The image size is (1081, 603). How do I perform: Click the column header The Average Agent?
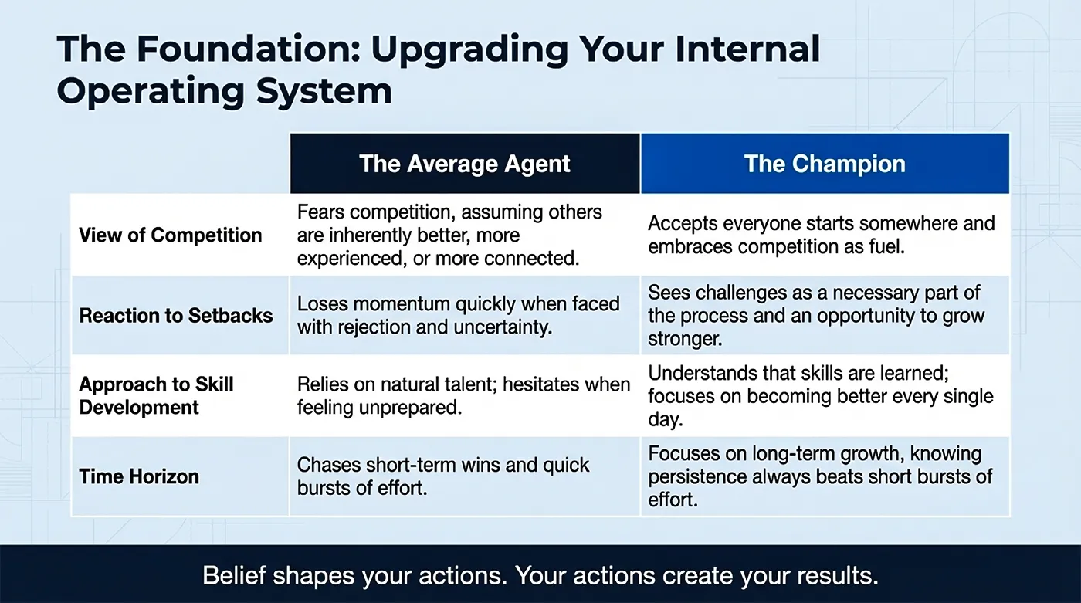click(464, 164)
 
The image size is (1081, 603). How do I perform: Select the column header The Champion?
click(825, 164)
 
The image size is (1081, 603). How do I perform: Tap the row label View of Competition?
click(171, 235)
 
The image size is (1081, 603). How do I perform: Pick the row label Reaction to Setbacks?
click(176, 316)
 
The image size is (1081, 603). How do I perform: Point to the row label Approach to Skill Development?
click(156, 396)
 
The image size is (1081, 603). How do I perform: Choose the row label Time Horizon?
click(139, 476)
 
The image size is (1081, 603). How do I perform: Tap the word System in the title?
click(324, 91)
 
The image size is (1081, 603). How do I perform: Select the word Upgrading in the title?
click(470, 50)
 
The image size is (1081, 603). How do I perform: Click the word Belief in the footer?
click(234, 575)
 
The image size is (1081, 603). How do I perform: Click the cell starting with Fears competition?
click(449, 235)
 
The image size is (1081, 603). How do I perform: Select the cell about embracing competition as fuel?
click(822, 235)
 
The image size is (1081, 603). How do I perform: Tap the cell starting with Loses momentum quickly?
click(458, 316)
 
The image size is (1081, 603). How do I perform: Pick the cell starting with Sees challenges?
click(816, 316)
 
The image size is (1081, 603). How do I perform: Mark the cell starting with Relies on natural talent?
click(463, 396)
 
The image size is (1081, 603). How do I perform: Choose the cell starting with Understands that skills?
click(820, 396)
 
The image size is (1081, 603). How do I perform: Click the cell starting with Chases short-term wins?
click(443, 476)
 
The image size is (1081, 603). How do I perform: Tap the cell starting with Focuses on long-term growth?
click(820, 476)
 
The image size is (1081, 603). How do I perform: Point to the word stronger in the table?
click(685, 339)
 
